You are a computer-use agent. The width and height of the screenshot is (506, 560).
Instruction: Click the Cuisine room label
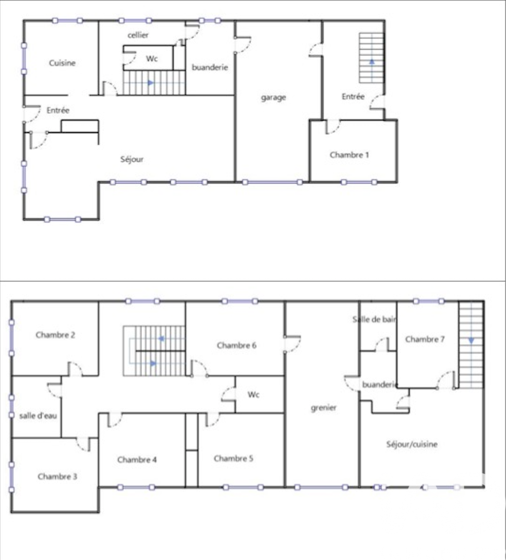click(62, 63)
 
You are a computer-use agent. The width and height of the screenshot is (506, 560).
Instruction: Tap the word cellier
click(138, 35)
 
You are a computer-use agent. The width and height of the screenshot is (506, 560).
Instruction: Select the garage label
click(273, 97)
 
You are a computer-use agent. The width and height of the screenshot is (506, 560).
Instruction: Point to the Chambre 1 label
click(349, 155)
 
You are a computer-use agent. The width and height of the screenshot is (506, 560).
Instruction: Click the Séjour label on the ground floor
click(132, 159)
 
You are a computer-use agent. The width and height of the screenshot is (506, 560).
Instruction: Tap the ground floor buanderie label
click(209, 67)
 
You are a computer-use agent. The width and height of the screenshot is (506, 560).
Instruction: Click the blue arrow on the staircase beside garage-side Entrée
click(372, 61)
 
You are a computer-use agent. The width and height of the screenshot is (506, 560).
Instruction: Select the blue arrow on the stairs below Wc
click(151, 83)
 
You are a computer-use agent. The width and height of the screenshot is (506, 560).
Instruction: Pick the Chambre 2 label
click(55, 335)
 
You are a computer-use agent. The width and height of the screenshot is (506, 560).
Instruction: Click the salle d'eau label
click(38, 416)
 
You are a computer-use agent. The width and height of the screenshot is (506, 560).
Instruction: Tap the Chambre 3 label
click(57, 476)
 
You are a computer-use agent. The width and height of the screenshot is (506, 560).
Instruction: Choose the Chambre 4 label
click(137, 460)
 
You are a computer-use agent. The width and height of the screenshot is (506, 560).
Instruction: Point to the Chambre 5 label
click(234, 458)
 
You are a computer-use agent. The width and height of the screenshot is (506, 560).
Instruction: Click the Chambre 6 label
click(236, 345)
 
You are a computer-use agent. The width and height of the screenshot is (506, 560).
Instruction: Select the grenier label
click(323, 408)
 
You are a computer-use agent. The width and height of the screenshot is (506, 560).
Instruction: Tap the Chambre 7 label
click(425, 339)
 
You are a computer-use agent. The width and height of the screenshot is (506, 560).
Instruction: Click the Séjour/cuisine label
click(412, 444)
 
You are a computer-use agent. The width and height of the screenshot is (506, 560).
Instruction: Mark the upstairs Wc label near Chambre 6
click(253, 395)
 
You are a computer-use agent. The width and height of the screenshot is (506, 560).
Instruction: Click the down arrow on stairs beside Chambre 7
click(471, 341)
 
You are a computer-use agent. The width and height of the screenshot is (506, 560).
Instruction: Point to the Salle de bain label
click(374, 319)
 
